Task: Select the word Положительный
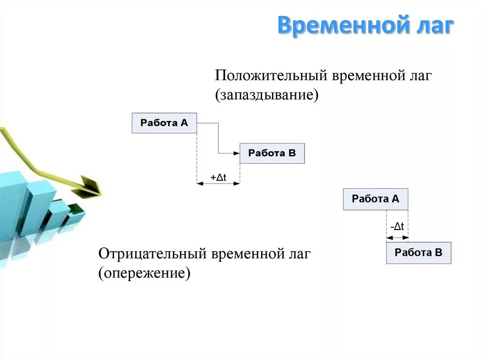(x=271, y=76)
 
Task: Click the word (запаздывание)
(x=267, y=95)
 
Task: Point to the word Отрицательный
(x=152, y=254)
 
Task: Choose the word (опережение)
(x=144, y=273)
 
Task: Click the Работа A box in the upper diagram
(x=164, y=123)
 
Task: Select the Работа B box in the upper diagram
(x=272, y=153)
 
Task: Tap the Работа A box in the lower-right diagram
(x=375, y=199)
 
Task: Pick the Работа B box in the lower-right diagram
(x=419, y=253)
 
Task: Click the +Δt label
(x=218, y=177)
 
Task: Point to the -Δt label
(x=397, y=227)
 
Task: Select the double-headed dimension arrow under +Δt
(x=218, y=184)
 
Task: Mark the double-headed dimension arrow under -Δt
(x=397, y=237)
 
